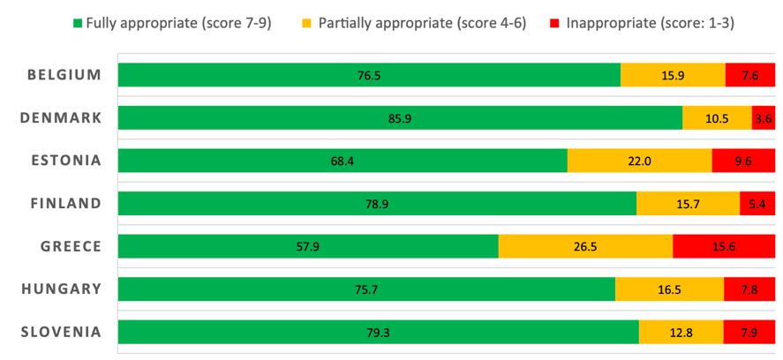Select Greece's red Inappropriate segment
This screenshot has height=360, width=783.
point(723,246)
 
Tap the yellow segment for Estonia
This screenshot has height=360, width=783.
point(639,161)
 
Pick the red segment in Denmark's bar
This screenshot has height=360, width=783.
point(763,118)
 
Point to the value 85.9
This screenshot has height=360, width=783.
point(400,118)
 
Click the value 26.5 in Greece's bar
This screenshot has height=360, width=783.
point(584,246)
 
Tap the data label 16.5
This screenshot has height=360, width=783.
point(669,289)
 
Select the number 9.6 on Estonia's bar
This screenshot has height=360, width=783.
point(743,161)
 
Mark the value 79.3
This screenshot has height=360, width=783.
point(378,332)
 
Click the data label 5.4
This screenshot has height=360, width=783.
point(757,204)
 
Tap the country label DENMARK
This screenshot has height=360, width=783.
point(61,117)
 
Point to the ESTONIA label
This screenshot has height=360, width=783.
point(64,160)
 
